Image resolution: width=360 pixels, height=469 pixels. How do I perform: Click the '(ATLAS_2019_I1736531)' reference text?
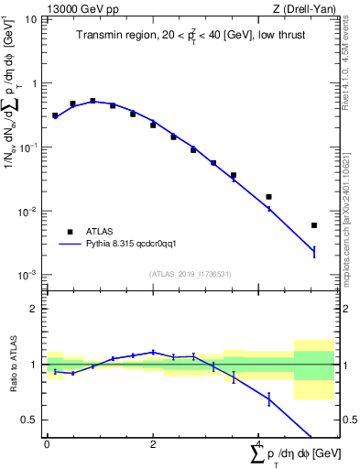pos(189,273)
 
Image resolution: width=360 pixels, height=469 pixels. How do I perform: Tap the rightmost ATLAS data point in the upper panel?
pos(314,225)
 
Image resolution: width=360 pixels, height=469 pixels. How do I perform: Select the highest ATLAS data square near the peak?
pos(93,101)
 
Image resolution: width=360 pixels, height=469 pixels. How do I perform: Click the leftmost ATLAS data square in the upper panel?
pos(55,116)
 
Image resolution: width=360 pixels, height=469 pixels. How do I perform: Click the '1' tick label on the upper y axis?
pos(33,83)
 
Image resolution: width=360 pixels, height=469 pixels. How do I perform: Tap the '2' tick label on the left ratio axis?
pos(33,309)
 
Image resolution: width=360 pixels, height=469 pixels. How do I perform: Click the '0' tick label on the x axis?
pos(47,443)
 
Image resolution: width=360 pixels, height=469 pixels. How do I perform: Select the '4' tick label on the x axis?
pos(259,443)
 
